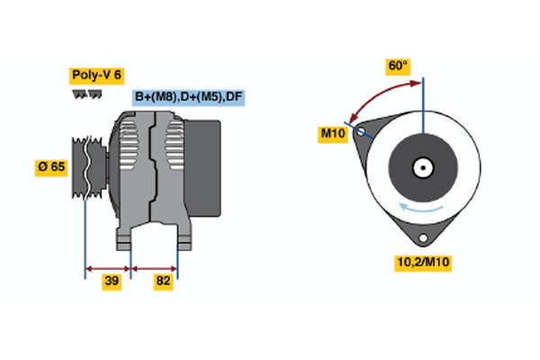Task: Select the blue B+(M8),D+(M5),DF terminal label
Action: (x=188, y=96)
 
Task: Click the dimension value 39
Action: (x=111, y=282)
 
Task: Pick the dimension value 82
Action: (x=163, y=282)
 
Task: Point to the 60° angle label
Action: (x=398, y=67)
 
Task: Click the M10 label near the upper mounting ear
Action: (x=333, y=134)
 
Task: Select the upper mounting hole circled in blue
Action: (x=362, y=132)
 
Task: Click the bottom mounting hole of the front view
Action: (x=422, y=238)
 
